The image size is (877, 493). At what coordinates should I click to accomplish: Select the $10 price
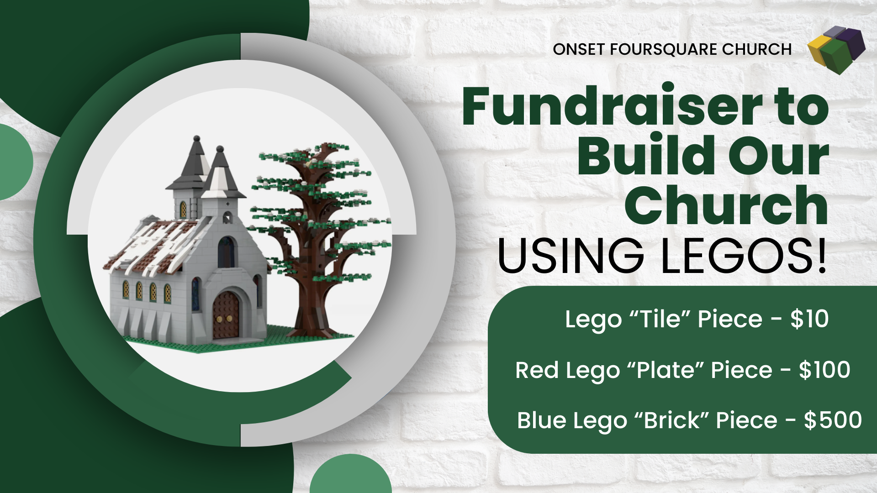[809, 319]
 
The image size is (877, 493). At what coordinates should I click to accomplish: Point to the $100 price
[824, 370]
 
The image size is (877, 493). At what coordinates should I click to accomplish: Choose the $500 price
[833, 420]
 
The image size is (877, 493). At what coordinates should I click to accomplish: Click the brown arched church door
[226, 315]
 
